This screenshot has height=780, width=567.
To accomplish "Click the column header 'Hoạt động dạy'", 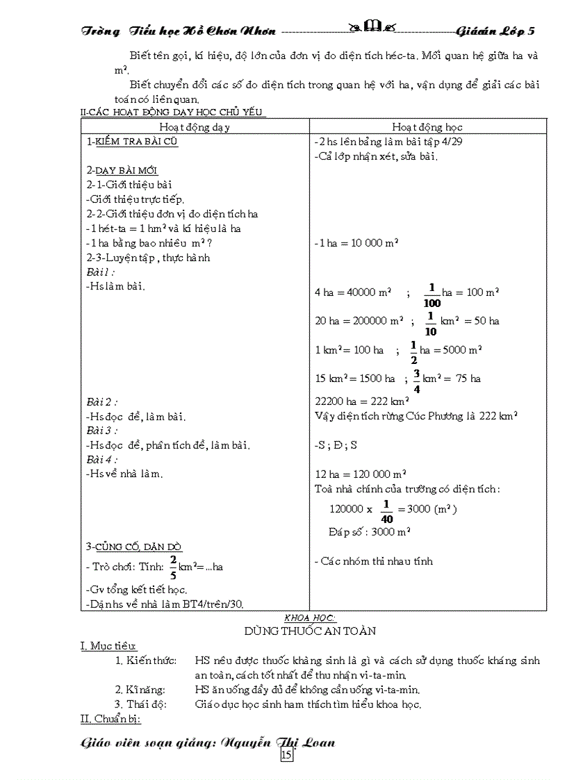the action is tap(195, 127).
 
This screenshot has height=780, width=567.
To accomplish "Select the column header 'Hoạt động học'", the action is tap(427, 127).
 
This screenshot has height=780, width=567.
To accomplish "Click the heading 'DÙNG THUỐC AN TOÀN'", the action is tap(310, 631).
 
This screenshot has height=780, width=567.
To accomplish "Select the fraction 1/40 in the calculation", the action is tap(386, 510).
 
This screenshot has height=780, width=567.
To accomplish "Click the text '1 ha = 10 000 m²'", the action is tap(356, 243).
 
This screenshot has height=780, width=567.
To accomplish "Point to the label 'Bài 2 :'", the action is tap(102, 401).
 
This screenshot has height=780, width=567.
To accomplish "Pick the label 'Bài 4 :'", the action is tap(102, 459).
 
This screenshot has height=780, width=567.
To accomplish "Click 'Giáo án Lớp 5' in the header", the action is tap(496, 31).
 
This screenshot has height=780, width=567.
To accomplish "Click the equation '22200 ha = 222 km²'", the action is tap(361, 401).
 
